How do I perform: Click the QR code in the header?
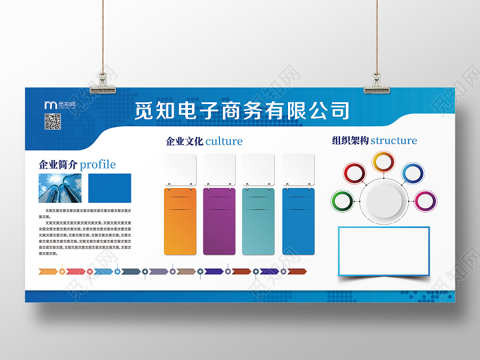(53, 121)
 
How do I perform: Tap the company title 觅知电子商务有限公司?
(242, 110)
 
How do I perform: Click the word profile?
(98, 165)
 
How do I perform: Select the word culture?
(223, 141)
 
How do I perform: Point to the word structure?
(394, 140)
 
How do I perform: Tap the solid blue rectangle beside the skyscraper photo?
(109, 188)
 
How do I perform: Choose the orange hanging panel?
(180, 221)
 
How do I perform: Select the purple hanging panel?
(219, 221)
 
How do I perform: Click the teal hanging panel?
(258, 221)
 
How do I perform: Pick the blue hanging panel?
(298, 221)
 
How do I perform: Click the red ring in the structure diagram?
(354, 172)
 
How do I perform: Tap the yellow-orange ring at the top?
(382, 162)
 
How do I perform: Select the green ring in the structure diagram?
(342, 201)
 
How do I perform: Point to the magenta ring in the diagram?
(425, 201)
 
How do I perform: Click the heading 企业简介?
(58, 165)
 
